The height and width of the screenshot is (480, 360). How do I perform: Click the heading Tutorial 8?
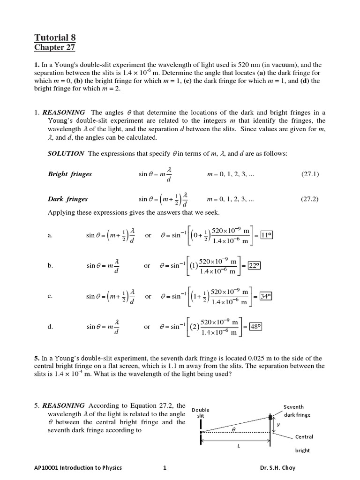(x=55, y=37)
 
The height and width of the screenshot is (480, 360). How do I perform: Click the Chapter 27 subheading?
(x=54, y=47)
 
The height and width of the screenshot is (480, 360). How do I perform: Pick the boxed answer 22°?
(x=254, y=265)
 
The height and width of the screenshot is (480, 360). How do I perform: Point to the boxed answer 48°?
(x=255, y=327)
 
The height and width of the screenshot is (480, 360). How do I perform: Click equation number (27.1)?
(x=310, y=174)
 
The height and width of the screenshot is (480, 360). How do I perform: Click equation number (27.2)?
(x=310, y=199)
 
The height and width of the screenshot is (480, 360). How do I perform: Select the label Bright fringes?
(x=70, y=174)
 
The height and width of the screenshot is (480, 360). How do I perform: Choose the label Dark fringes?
(x=67, y=199)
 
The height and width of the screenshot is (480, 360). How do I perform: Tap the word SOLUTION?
(x=66, y=153)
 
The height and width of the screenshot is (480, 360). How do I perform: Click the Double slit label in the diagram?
(x=201, y=412)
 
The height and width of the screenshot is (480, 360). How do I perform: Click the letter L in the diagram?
(x=238, y=446)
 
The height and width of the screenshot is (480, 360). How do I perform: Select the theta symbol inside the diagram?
(x=233, y=428)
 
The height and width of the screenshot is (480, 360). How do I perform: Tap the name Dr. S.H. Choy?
(x=277, y=467)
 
